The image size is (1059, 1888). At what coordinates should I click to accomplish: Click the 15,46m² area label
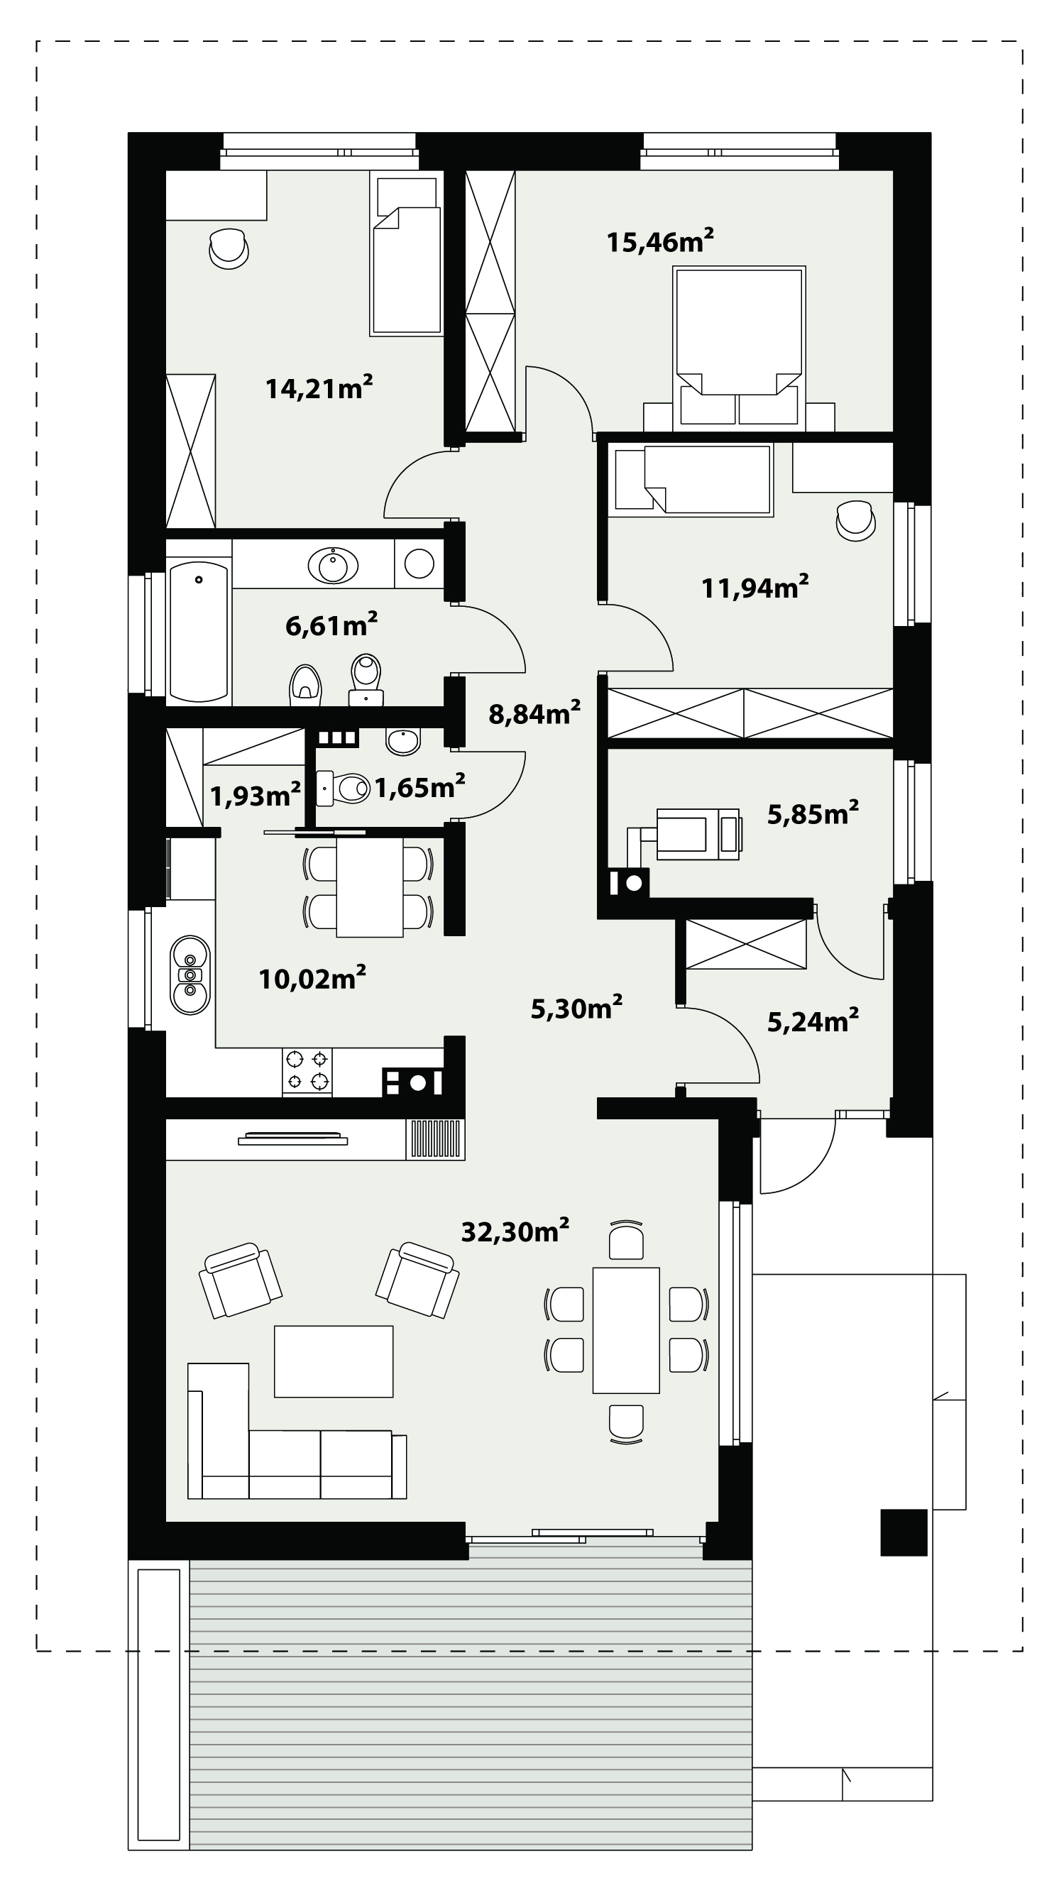(659, 241)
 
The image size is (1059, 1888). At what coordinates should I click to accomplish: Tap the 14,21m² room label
(319, 387)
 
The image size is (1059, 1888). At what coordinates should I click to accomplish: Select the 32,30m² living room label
(515, 1231)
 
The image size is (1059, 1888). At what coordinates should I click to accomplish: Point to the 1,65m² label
(420, 786)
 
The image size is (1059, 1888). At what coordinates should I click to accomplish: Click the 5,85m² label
(813, 813)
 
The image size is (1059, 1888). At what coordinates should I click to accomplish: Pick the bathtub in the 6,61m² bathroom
(199, 632)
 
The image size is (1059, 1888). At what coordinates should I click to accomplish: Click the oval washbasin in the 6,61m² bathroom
(334, 564)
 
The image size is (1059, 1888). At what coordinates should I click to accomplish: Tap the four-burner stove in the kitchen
(307, 1072)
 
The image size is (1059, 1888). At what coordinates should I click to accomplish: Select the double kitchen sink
(190, 975)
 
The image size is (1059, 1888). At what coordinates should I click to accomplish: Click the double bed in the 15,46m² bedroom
(739, 346)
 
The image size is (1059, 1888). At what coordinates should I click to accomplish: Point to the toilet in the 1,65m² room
(345, 787)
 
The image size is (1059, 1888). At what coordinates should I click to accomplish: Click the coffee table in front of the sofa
(334, 1361)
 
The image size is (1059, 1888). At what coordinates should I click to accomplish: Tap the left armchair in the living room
(241, 1280)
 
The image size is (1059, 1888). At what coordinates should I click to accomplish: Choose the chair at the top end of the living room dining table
(626, 1239)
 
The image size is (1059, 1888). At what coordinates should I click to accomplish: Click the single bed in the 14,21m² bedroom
(406, 253)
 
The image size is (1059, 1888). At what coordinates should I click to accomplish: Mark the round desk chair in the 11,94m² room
(855, 520)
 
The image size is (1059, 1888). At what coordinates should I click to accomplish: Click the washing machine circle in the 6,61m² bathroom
(419, 564)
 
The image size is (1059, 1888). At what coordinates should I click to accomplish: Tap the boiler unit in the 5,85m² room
(698, 833)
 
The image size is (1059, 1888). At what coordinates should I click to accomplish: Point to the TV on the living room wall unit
(293, 1139)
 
